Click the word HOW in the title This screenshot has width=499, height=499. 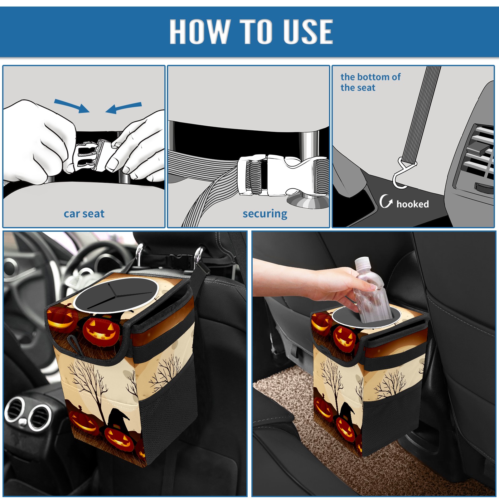pos(200,31)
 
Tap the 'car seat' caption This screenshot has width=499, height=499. pos(84,214)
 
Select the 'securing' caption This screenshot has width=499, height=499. pos(265,214)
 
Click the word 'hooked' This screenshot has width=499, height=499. pos(413,204)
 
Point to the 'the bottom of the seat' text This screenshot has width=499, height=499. pos(370,82)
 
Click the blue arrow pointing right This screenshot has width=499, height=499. pos(72,106)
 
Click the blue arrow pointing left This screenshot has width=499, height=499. pos(124,108)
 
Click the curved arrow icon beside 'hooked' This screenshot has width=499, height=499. pos(385,201)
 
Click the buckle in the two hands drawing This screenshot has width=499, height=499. pos(94,156)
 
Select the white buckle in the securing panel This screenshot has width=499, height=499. pos(282,175)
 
